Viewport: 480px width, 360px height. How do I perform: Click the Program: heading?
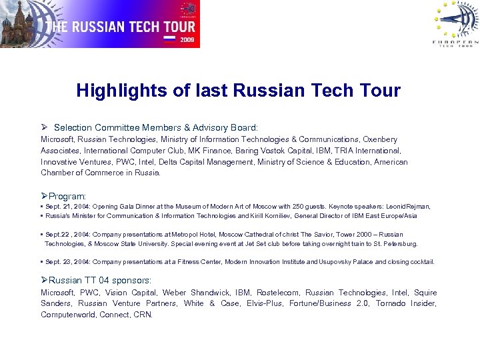(63, 197)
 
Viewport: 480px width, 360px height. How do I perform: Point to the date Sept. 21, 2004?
(69, 207)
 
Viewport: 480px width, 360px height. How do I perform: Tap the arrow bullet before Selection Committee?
(45, 126)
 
